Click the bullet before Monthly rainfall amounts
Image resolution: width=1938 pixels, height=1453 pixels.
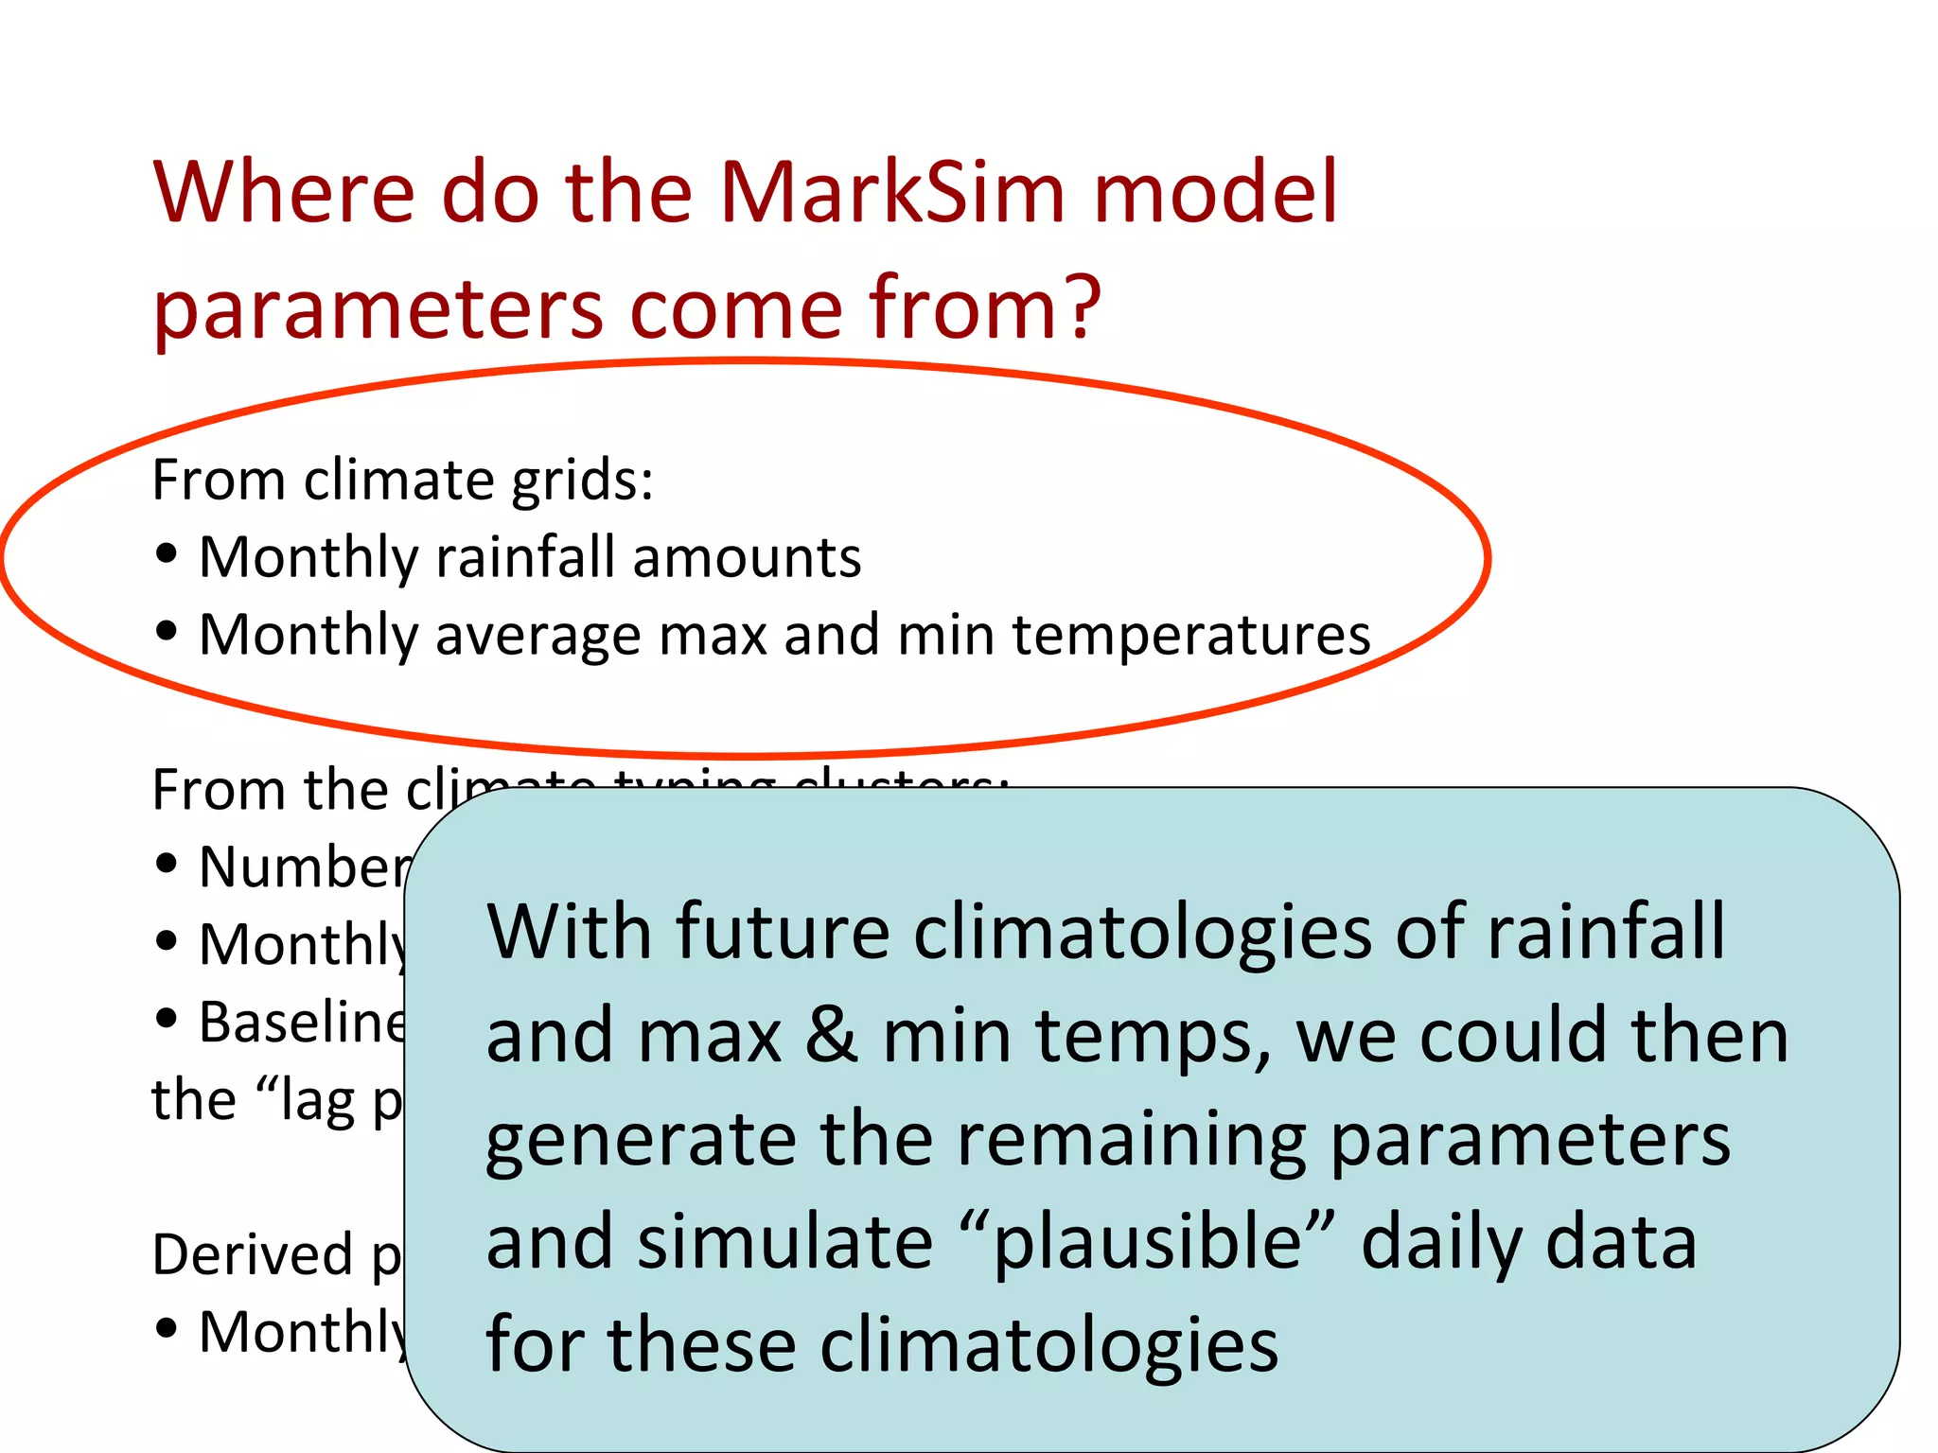coord(167,554)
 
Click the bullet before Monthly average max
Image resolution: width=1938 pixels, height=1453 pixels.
coord(167,632)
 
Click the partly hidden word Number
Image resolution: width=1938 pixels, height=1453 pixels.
coord(303,867)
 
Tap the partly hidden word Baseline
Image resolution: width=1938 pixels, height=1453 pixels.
coord(301,1023)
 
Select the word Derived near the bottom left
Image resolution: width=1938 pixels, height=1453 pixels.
coord(252,1255)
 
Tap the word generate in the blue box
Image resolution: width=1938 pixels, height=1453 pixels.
coord(641,1141)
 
